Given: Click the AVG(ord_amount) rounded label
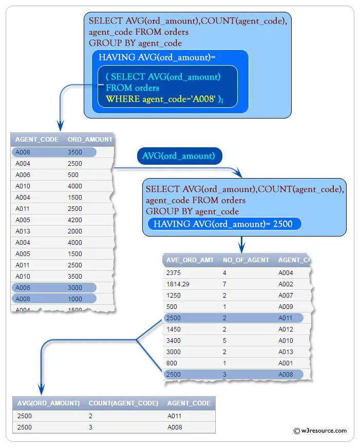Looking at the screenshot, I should click(x=179, y=156).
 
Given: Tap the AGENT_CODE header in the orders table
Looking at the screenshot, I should click(x=36, y=140).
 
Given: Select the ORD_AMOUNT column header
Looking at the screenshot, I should click(x=90, y=140).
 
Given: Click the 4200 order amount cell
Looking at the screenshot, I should click(x=75, y=220).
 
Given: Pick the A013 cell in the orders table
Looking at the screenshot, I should click(x=24, y=231).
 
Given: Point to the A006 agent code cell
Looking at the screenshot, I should click(x=24, y=174).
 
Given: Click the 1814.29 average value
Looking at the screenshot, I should click(x=178, y=284).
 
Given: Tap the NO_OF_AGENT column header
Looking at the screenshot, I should click(x=245, y=260).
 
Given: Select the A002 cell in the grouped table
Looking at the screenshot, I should click(x=286, y=284).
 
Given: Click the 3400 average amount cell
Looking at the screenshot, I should click(x=173, y=340).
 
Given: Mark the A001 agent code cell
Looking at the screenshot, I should click(x=286, y=363).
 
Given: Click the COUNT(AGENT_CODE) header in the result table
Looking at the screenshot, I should click(x=123, y=403).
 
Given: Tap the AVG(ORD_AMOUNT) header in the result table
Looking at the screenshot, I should click(x=48, y=403).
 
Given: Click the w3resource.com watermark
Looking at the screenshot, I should click(x=320, y=431).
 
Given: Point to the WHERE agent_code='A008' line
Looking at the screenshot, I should click(x=164, y=99).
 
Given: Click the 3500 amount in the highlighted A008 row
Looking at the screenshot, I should click(x=75, y=152).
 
